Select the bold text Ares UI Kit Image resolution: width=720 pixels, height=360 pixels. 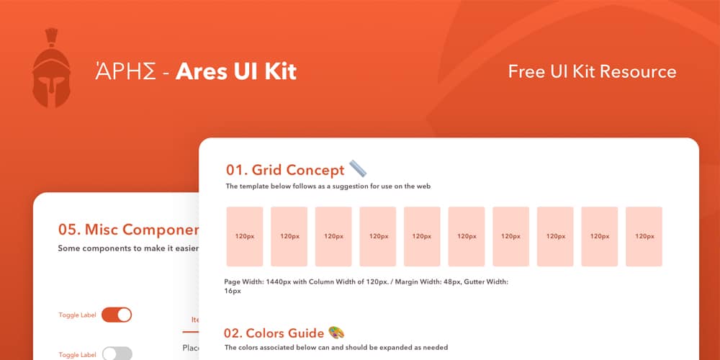point(236,71)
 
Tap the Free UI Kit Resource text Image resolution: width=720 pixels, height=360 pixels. point(592,71)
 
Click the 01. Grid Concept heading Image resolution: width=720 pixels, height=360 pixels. point(285,170)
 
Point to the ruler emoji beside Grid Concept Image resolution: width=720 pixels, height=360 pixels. point(358,168)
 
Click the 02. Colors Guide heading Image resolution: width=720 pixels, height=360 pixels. point(274,333)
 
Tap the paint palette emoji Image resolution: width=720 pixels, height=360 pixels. point(336,332)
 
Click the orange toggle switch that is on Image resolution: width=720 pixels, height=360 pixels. point(117,315)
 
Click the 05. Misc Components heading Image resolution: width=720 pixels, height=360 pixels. point(128,230)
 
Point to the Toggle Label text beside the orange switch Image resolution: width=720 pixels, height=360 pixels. point(77,315)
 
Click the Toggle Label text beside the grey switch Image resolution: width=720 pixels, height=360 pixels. point(77,355)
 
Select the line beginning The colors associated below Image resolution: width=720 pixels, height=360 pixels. point(336,348)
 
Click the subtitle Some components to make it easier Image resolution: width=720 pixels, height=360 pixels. point(128,248)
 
